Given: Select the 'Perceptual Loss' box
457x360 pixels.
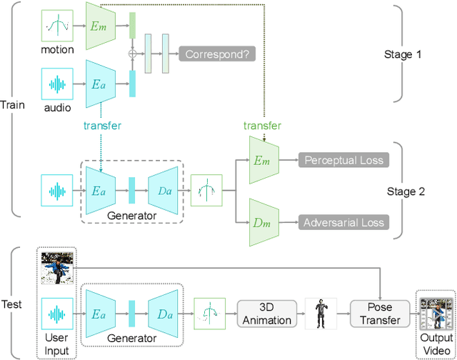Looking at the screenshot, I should (344, 160).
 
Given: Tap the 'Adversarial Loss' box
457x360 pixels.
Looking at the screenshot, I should (344, 223).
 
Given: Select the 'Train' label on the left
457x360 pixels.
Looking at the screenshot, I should (13, 105).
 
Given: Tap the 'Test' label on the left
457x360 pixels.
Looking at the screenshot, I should (13, 304).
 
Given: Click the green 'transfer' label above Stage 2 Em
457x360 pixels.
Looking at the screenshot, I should (262, 126).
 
